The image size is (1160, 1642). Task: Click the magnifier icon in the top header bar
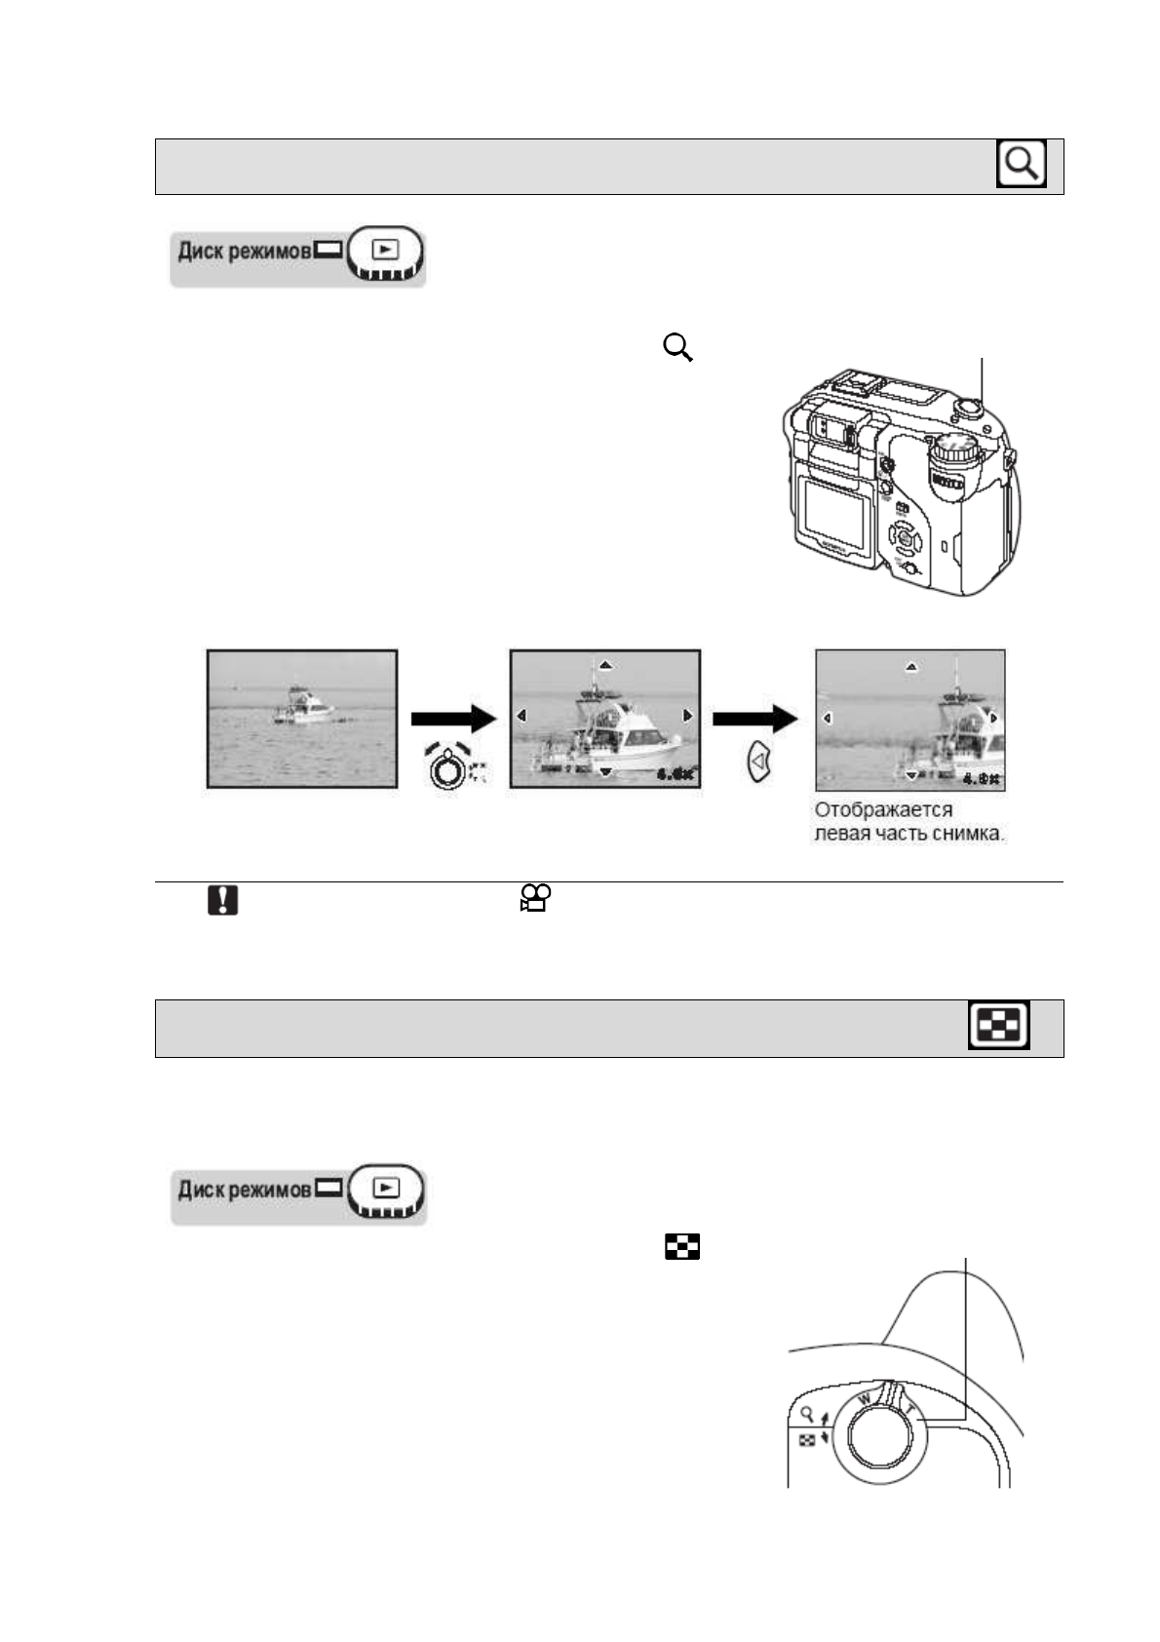click(x=1021, y=164)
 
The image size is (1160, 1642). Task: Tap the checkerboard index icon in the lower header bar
click(x=998, y=1026)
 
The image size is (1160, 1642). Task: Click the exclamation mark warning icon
click(x=222, y=899)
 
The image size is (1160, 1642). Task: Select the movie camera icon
click(x=536, y=897)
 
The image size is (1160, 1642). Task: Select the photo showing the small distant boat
click(x=302, y=718)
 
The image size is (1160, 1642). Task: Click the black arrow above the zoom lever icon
click(x=453, y=720)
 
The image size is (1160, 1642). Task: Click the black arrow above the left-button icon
click(x=755, y=720)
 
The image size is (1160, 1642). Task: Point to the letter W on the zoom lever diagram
click(x=864, y=1399)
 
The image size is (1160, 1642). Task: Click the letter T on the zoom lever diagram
click(x=910, y=1410)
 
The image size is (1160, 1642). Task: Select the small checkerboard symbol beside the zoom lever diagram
click(x=807, y=1440)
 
